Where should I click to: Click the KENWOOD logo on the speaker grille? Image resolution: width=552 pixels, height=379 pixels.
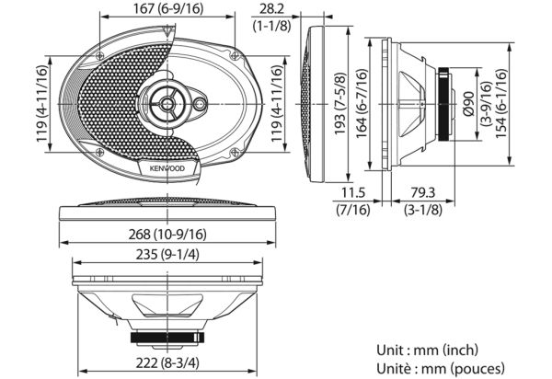pyautogui.click(x=167, y=168)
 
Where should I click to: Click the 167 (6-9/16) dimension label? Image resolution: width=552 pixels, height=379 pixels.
pyautogui.click(x=168, y=9)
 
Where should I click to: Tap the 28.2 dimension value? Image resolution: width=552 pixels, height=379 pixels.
pyautogui.click(x=271, y=9)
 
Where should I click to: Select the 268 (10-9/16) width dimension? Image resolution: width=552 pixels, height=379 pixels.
pyautogui.click(x=167, y=234)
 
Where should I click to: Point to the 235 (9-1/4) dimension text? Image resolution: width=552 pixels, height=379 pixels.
pyautogui.click(x=167, y=255)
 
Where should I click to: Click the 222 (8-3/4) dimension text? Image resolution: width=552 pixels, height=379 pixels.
pyautogui.click(x=167, y=362)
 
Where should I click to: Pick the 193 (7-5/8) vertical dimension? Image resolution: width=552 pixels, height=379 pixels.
pyautogui.click(x=340, y=104)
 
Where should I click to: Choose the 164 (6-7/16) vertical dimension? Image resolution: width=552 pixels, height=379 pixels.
pyautogui.click(x=362, y=103)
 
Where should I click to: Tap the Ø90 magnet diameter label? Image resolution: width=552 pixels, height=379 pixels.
pyautogui.click(x=469, y=104)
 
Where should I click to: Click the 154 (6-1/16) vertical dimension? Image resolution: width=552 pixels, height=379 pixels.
pyautogui.click(x=501, y=103)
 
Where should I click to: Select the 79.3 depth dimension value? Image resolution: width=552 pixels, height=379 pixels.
pyautogui.click(x=423, y=193)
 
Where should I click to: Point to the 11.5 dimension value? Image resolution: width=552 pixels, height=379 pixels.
pyautogui.click(x=353, y=193)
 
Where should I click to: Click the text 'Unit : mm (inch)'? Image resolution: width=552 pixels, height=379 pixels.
pyautogui.click(x=428, y=350)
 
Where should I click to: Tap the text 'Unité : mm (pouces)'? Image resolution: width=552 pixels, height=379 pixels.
pyautogui.click(x=441, y=369)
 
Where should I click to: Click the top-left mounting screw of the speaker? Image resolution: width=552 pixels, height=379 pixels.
pyautogui.click(x=99, y=55)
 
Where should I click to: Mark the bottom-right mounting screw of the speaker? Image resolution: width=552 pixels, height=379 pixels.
pyautogui.click(x=235, y=153)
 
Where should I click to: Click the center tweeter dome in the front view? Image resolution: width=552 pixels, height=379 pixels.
pyautogui.click(x=167, y=103)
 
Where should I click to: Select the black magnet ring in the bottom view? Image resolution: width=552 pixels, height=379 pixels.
pyautogui.click(x=167, y=338)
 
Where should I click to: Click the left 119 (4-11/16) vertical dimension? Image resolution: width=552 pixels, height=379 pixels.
pyautogui.click(x=42, y=103)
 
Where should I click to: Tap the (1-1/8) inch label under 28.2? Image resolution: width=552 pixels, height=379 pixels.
pyautogui.click(x=271, y=26)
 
